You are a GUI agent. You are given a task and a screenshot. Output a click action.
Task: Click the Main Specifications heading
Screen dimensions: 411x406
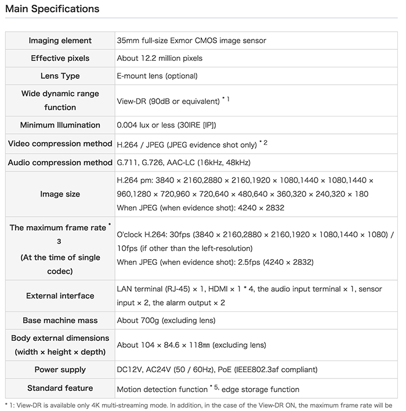point(52,9)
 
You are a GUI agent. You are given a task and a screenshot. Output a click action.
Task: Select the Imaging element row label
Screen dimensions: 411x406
point(60,41)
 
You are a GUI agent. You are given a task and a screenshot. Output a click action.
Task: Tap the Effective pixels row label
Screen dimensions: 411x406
point(60,59)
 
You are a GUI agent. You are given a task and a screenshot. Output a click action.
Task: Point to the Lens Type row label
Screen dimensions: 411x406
point(60,76)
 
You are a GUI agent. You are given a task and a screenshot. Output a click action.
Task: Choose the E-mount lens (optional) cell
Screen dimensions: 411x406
point(157,76)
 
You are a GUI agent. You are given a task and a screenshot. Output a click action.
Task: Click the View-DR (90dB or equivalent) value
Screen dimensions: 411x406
point(168,101)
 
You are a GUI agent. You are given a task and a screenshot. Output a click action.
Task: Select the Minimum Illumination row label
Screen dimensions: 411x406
point(60,125)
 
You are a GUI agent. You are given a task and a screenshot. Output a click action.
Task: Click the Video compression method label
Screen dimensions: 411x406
point(60,144)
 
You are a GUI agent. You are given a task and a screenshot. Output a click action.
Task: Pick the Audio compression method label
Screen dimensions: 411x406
point(60,162)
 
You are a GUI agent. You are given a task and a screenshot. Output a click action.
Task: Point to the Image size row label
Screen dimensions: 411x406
point(60,194)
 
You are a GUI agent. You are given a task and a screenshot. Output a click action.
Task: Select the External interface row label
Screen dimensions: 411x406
point(60,296)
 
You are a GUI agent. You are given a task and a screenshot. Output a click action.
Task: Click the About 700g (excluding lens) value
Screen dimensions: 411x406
point(166,321)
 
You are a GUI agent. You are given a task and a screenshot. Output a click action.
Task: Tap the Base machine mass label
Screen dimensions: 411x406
point(60,321)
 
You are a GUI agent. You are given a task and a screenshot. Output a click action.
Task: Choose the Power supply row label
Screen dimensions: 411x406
point(60,370)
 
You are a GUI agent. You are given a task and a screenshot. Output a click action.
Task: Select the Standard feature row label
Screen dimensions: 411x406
point(60,388)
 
